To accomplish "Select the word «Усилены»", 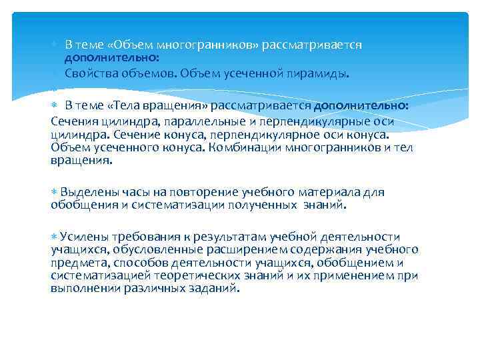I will tap(81, 237).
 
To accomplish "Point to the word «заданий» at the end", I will tap(214, 289).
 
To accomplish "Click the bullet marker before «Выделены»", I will tap(55, 192).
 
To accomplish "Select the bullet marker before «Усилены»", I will tap(55, 236).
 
